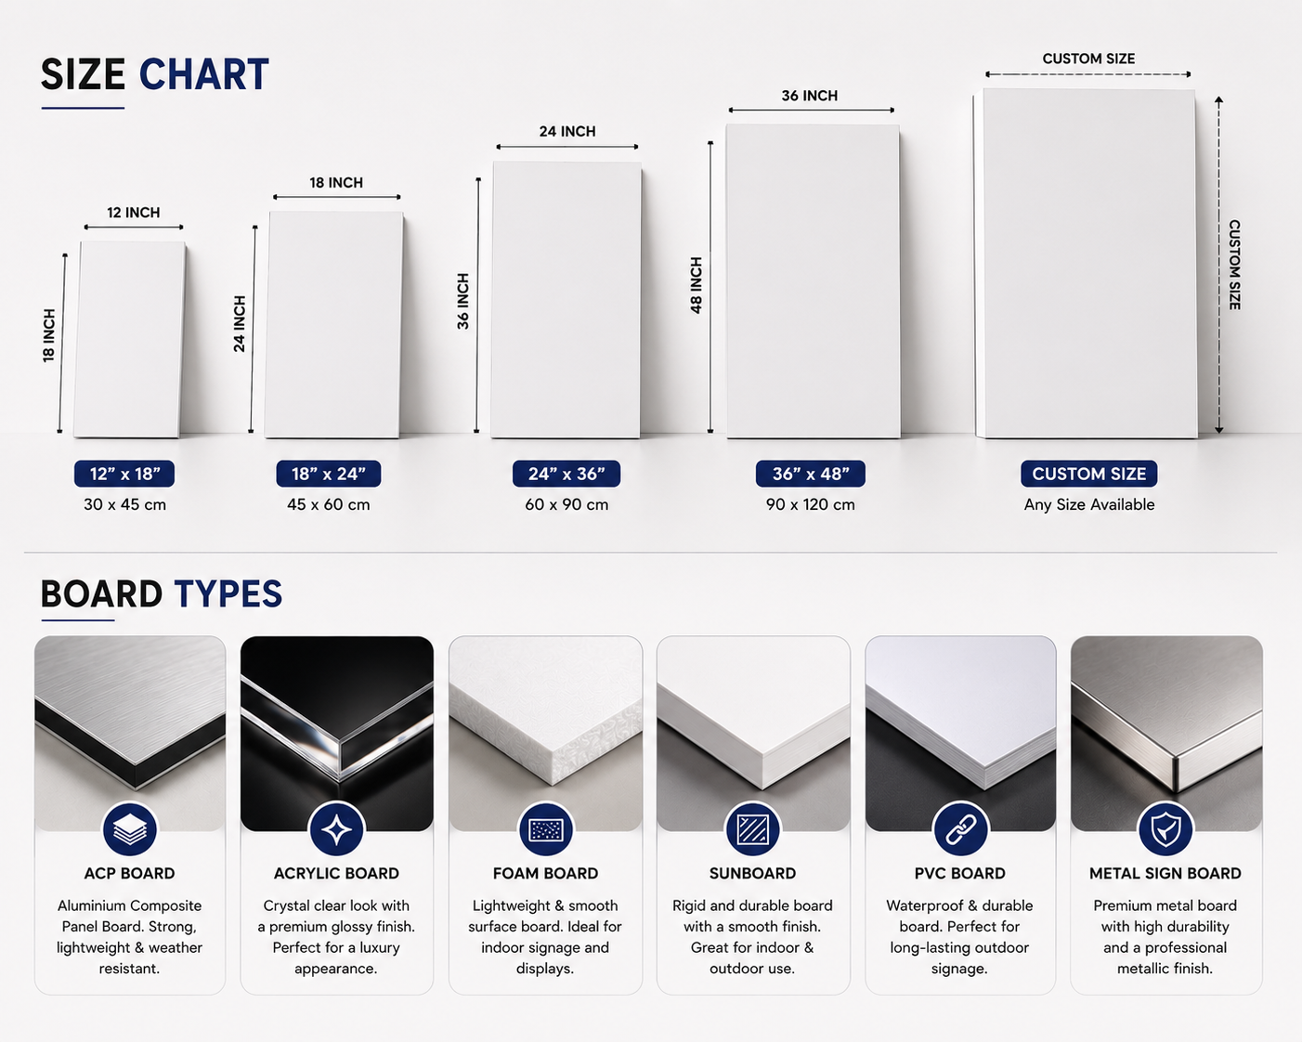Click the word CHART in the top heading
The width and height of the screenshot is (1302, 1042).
click(204, 75)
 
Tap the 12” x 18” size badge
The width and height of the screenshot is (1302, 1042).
click(124, 474)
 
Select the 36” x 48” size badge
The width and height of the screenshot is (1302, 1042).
click(810, 474)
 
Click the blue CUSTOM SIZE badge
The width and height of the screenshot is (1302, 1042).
click(1089, 474)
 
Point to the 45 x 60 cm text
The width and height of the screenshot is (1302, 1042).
click(329, 504)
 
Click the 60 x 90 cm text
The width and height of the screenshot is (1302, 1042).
click(566, 504)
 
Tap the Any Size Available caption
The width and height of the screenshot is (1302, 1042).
click(1089, 504)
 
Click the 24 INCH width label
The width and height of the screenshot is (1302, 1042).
click(567, 131)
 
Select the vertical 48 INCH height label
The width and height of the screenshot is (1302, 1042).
click(697, 285)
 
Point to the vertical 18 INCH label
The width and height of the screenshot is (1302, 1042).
click(49, 336)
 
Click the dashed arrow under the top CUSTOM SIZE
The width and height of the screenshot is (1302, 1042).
click(1087, 74)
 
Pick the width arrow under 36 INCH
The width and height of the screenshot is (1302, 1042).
click(812, 111)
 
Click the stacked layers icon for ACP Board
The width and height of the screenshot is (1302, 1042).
click(129, 829)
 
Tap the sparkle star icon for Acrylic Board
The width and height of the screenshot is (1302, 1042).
click(337, 829)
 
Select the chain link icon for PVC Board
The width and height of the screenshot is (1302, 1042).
click(960, 829)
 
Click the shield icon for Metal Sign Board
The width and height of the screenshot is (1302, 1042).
click(1165, 829)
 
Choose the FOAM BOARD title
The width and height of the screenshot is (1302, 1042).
click(545, 873)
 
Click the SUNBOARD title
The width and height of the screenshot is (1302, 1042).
click(752, 873)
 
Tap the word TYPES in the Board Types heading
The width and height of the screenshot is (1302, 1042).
click(228, 593)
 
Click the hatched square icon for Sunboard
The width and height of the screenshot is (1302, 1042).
click(752, 829)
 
